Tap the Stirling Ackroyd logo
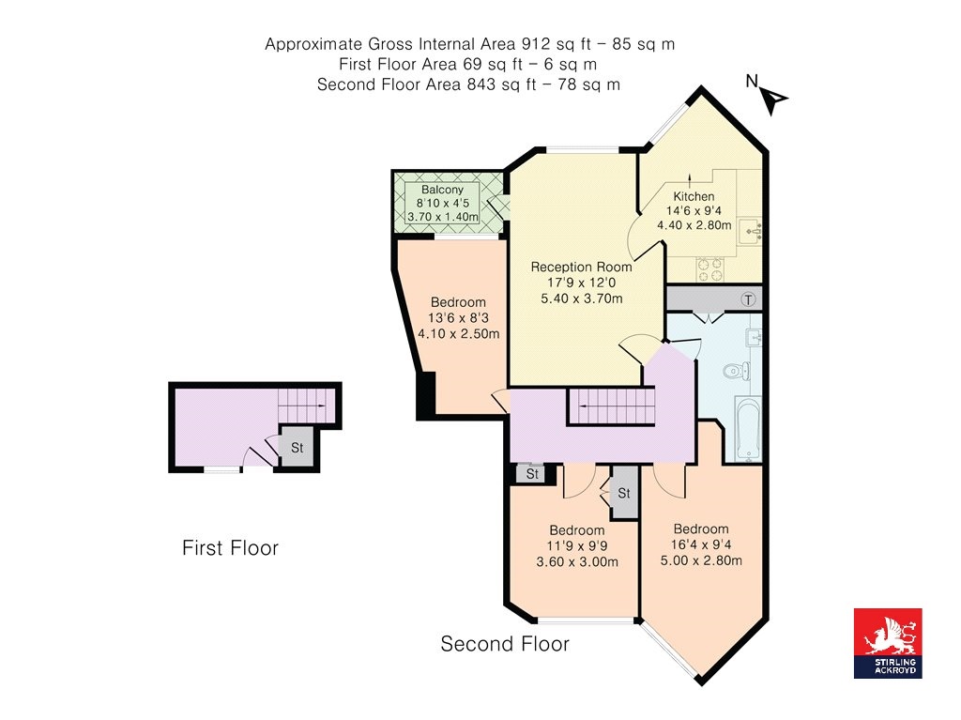pos(887,643)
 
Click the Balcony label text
pos(442,191)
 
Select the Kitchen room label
pos(694,197)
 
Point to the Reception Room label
pos(581,267)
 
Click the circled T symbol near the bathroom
pos(748,300)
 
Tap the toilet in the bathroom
pos(735,371)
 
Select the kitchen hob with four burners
pos(709,269)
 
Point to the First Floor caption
pos(230,548)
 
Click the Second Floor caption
pos(505,644)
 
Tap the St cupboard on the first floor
pos(297,448)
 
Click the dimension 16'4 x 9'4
pos(700,545)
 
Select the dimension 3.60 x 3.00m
pos(576,562)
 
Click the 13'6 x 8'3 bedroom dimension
pos(458,317)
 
